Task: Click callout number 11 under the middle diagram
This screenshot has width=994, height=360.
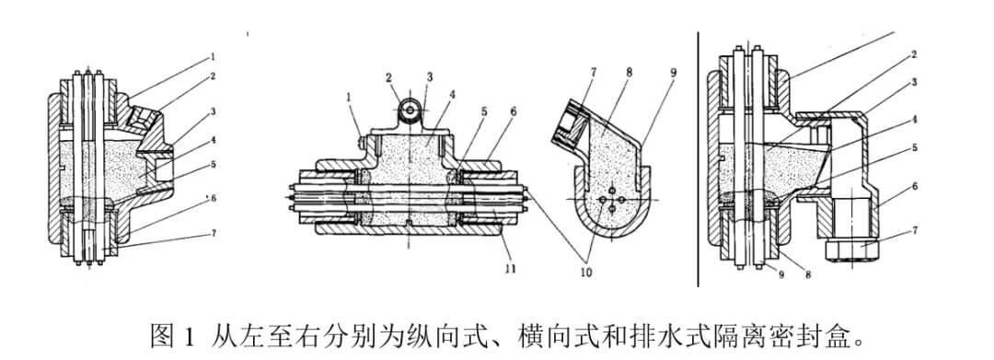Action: pyautogui.click(x=510, y=269)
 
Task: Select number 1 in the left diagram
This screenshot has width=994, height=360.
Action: pyautogui.click(x=213, y=56)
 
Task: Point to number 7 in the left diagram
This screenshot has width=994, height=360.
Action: pyautogui.click(x=214, y=233)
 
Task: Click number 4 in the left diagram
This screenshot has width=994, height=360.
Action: pyautogui.click(x=214, y=140)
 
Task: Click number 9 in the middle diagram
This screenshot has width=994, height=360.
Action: pyautogui.click(x=673, y=72)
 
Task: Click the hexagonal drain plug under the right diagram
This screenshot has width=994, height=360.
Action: pyautogui.click(x=850, y=250)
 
